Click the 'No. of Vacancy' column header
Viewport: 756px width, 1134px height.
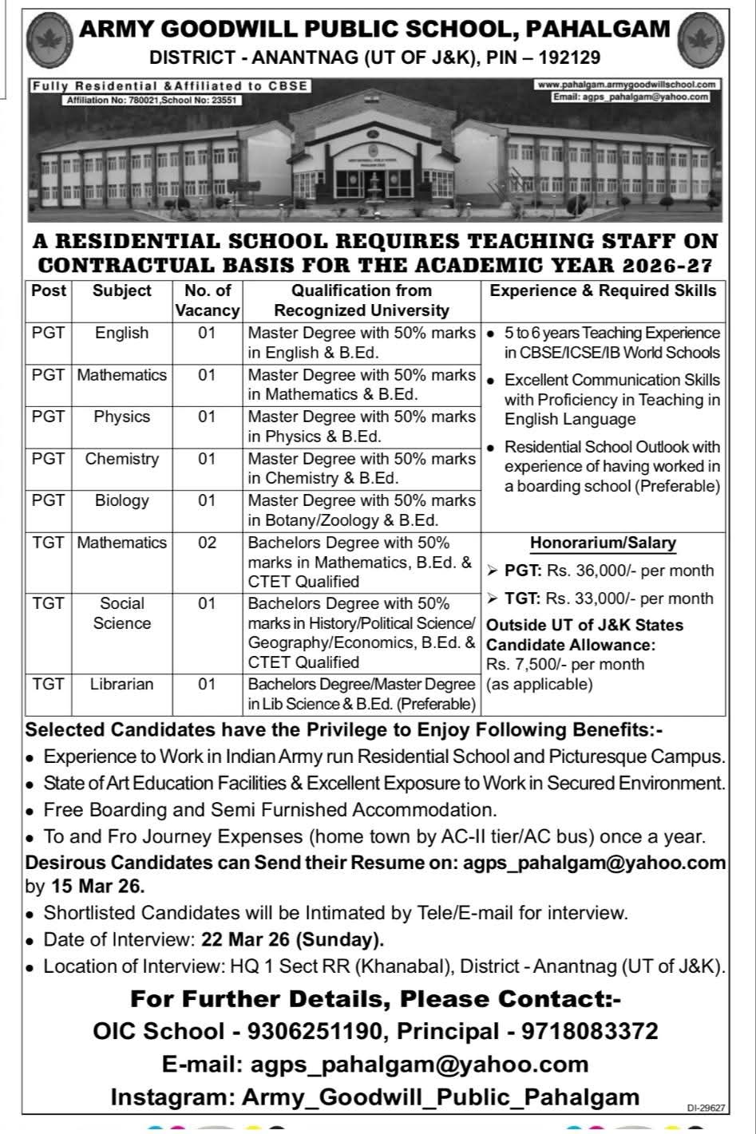(207, 300)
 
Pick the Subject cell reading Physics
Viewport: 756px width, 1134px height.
(121, 417)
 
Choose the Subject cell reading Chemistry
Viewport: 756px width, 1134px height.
(121, 459)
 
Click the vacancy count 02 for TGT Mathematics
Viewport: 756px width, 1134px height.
(207, 543)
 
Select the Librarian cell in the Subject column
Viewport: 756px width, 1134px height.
(121, 684)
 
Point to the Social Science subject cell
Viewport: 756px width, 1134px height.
(121, 613)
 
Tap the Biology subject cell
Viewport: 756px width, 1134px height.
(121, 500)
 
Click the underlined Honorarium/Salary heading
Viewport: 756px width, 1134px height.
(604, 543)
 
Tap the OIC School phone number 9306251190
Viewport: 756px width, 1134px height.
(315, 1031)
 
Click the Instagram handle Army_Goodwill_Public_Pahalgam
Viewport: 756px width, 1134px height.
(441, 1096)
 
